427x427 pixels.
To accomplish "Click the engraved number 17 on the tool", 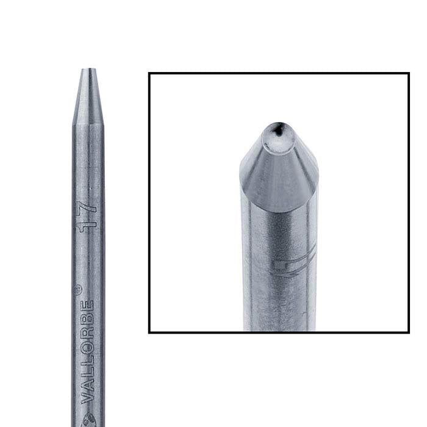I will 88,215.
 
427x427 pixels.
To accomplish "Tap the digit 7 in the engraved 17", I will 88,209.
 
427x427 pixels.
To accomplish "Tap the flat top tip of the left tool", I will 89,70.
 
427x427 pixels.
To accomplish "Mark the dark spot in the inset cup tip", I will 278,129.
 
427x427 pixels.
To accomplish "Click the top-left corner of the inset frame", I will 149,74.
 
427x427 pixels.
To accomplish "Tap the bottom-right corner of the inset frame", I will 408,332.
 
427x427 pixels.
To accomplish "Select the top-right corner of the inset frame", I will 408,74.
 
